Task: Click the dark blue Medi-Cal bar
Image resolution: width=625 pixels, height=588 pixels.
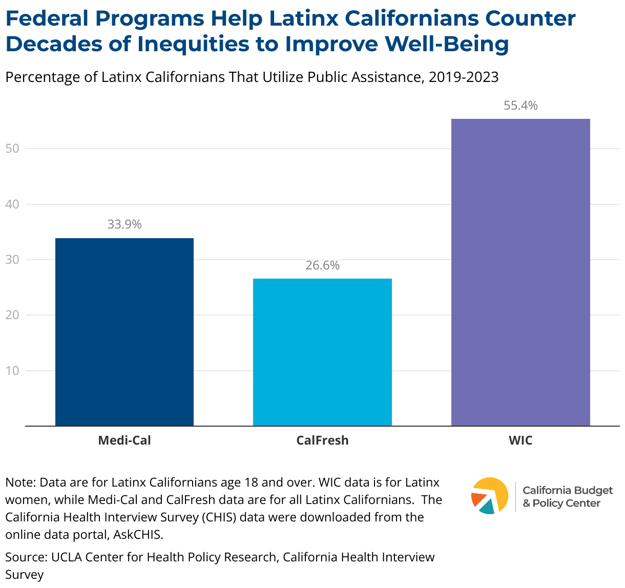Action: tap(124, 332)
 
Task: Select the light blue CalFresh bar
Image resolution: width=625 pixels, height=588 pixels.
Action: tap(322, 352)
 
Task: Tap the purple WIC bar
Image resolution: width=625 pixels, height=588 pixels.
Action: tap(520, 272)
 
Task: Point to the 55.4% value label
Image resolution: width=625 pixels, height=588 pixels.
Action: tap(520, 106)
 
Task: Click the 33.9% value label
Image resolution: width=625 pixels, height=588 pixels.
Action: tap(124, 224)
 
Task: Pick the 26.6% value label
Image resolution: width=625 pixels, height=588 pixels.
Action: tap(322, 265)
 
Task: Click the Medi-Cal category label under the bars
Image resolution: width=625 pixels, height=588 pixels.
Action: tap(124, 440)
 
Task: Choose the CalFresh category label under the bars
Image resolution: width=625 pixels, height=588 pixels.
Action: tap(322, 440)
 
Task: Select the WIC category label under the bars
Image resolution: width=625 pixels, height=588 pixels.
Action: tap(520, 440)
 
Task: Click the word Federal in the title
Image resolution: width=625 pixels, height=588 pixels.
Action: tap(47, 19)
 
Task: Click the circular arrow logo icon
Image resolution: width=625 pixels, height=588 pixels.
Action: tap(489, 495)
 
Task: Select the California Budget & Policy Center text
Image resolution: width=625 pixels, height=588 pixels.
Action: tap(567, 497)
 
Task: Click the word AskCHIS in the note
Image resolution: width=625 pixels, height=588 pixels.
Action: tap(138, 535)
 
